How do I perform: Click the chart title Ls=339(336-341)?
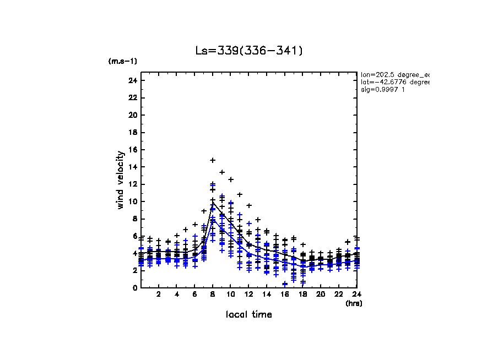(x=249, y=51)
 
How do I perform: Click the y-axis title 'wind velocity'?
(x=120, y=180)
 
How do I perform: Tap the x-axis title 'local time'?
(x=249, y=314)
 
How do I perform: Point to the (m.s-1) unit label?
(x=123, y=61)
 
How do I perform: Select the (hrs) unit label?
(x=353, y=303)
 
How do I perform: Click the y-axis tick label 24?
(x=132, y=81)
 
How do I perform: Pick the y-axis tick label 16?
(x=132, y=150)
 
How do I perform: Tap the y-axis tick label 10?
(x=132, y=201)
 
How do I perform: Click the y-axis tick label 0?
(x=134, y=288)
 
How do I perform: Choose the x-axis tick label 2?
(x=159, y=295)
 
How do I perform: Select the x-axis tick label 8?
(x=213, y=295)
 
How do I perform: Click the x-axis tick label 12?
(x=248, y=295)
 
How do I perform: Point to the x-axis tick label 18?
(x=302, y=295)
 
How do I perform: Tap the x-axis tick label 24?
(x=356, y=295)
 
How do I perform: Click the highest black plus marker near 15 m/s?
(x=213, y=160)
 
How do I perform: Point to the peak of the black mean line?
(x=213, y=203)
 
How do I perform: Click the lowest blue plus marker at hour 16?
(x=285, y=284)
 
